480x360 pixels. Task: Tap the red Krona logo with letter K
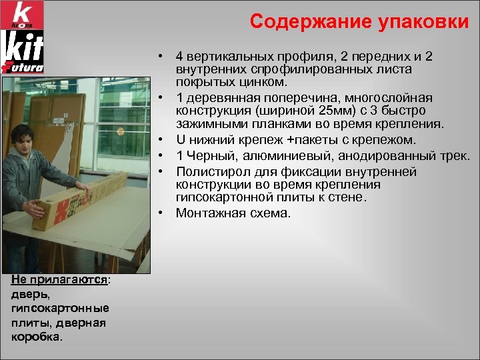[x=23, y=15]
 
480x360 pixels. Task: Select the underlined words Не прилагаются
[x=59, y=281]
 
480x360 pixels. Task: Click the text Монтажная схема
[x=233, y=213]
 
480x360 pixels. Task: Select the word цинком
[x=267, y=83]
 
